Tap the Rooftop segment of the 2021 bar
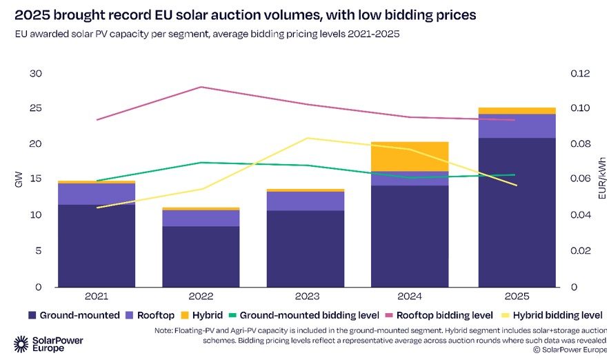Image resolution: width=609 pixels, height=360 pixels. coord(97,194)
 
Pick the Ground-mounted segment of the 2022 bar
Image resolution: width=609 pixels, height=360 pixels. coord(201,256)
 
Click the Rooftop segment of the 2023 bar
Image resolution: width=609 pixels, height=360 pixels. coord(306,201)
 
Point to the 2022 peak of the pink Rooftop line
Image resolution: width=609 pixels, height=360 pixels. coord(201,87)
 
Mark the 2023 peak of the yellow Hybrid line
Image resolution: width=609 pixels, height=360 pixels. coord(306,138)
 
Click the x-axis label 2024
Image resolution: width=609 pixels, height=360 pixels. coord(410,297)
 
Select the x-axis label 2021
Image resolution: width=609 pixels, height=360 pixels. coord(97,297)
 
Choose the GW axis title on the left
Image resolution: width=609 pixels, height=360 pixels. coord(18,180)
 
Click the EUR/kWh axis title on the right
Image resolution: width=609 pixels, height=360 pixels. coord(601,180)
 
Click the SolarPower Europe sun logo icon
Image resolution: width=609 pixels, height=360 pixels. coord(21,344)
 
